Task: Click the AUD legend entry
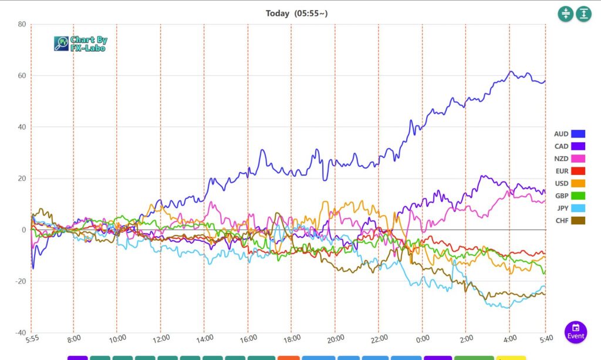(569, 134)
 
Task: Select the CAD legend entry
(569, 146)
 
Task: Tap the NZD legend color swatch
(578, 159)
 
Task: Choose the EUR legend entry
(569, 171)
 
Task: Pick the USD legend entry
(569, 183)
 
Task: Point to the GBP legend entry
(569, 196)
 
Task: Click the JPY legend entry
(569, 208)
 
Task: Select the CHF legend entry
(569, 220)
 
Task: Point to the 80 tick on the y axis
(22, 24)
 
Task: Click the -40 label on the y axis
(21, 332)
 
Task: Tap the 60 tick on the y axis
(22, 76)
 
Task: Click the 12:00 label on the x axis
(161, 339)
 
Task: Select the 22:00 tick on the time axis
(379, 339)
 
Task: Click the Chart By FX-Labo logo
(80, 43)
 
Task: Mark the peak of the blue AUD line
(511, 72)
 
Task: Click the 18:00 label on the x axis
(292, 339)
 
